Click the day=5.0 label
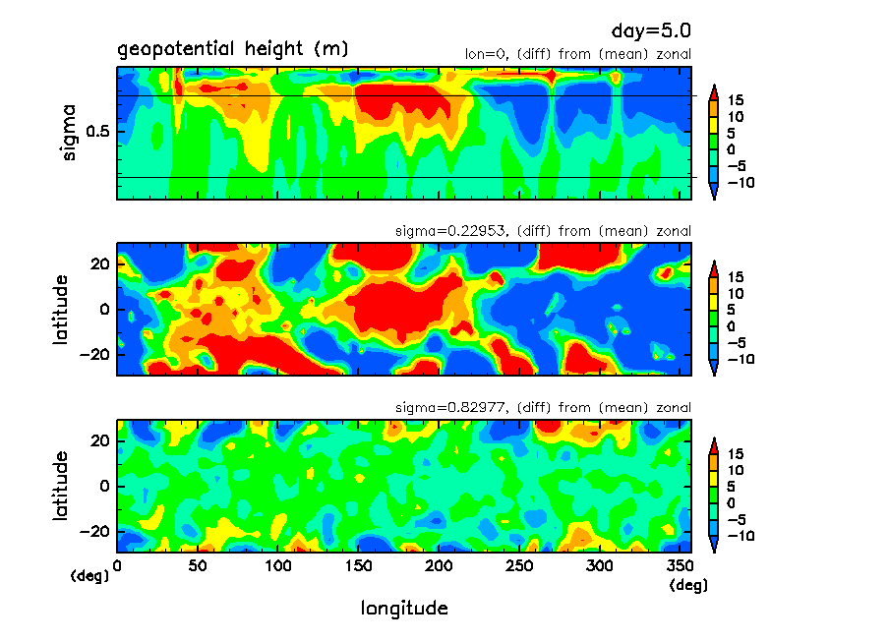click(x=644, y=31)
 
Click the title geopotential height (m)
click(x=232, y=49)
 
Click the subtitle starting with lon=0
click(x=577, y=54)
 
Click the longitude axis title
click(x=404, y=609)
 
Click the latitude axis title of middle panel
click(x=62, y=309)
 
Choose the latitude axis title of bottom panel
click(x=62, y=486)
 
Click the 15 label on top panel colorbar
click(x=736, y=100)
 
